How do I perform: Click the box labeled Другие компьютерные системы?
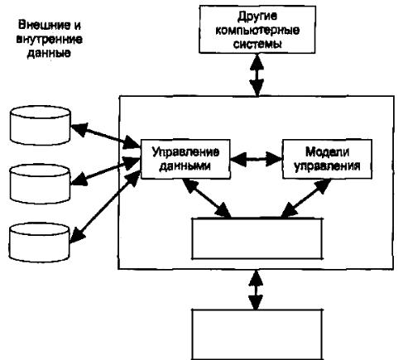[x=257, y=29]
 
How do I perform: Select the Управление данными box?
[x=185, y=159]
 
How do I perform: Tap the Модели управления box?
[x=327, y=159]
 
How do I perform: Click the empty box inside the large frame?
[x=257, y=238]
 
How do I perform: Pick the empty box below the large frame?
[x=257, y=334]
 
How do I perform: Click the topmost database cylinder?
[x=41, y=126]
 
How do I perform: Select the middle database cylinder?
[x=41, y=184]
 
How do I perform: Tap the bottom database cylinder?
[x=40, y=242]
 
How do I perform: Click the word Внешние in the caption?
[x=41, y=25]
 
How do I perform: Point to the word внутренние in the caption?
[x=49, y=39]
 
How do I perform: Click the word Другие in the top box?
[x=257, y=17]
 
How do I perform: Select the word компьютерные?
[x=257, y=30]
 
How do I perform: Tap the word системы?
[x=257, y=44]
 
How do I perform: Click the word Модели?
[x=327, y=151]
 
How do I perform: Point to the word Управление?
[x=185, y=152]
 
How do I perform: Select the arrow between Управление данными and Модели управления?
[x=257, y=159]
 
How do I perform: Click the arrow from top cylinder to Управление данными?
[x=106, y=136]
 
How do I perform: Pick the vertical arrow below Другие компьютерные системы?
[x=257, y=74]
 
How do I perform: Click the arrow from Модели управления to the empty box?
[x=305, y=199]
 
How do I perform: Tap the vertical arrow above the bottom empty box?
[x=257, y=290]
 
